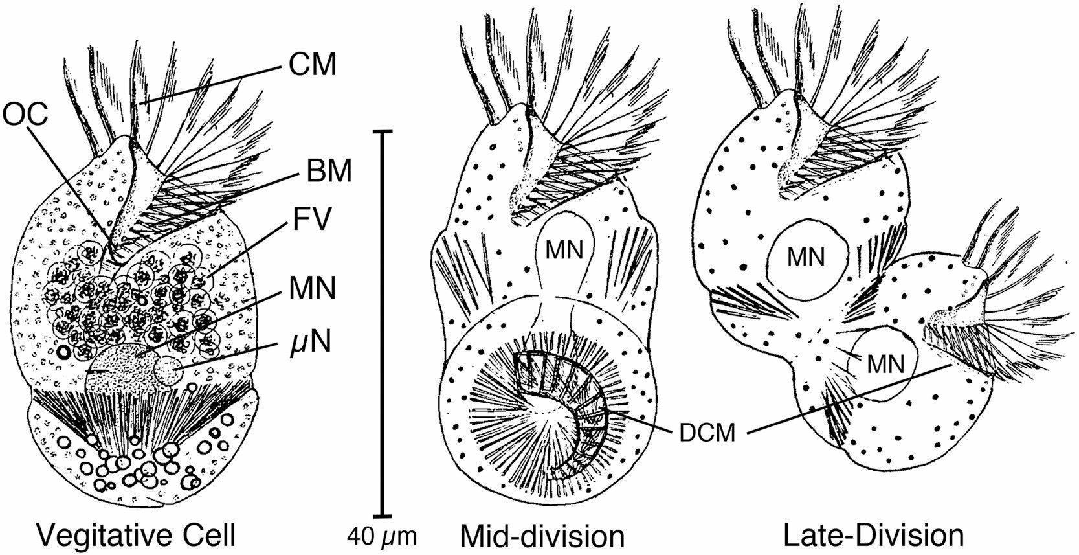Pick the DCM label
tap(707, 432)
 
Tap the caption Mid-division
tap(542, 536)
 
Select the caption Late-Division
tap(873, 536)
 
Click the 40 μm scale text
tap(380, 537)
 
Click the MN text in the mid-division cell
tap(563, 249)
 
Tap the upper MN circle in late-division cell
tap(806, 258)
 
